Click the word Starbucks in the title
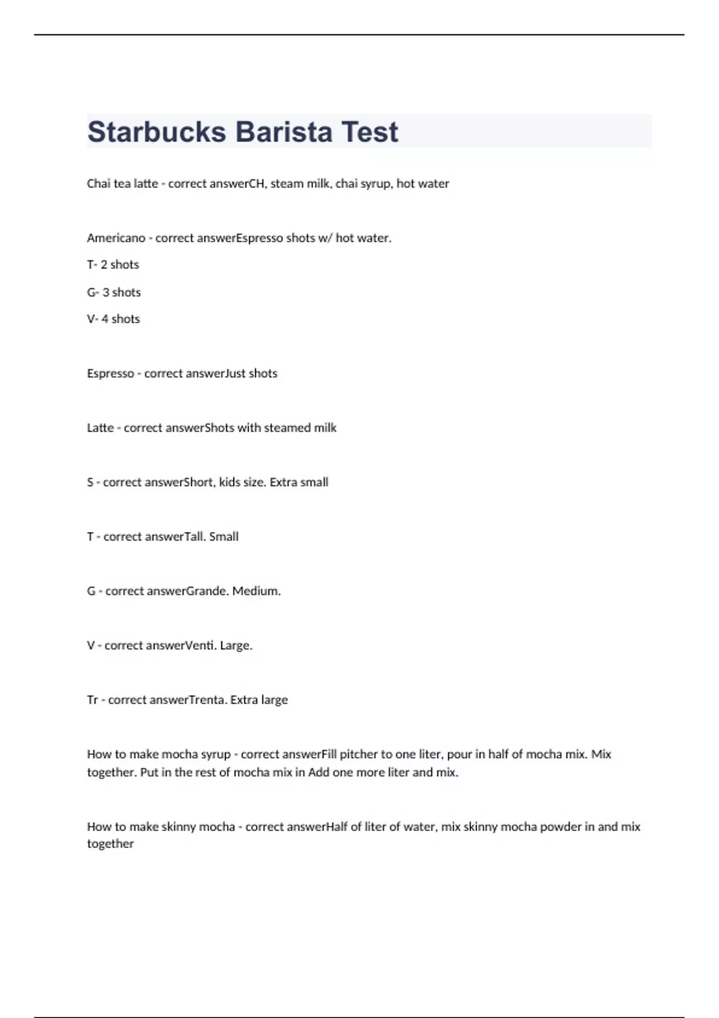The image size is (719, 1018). pos(156,132)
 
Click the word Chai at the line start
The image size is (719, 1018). pos(98,184)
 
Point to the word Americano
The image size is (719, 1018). pos(116,238)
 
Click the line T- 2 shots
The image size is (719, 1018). pos(113,265)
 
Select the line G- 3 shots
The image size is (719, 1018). pos(114,292)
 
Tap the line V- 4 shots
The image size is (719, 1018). pos(113,319)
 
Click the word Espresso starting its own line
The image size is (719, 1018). pos(110,374)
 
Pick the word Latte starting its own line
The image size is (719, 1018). pos(100,428)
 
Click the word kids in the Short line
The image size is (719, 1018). pos(229,482)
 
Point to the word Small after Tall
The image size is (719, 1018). pos(223,537)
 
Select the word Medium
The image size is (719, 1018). pos(256,591)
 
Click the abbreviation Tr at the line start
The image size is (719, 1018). pos(92,700)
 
